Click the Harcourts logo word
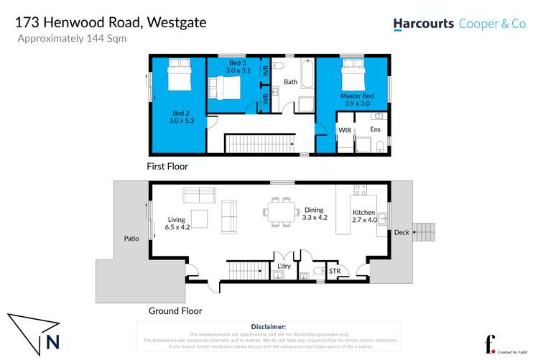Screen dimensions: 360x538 tap(423, 24)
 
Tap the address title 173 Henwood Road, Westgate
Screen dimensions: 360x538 tap(111, 22)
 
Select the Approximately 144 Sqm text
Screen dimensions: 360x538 tap(72, 39)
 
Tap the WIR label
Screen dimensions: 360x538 tap(344, 130)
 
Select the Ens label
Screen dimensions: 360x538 tap(375, 130)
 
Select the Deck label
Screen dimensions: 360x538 tap(401, 232)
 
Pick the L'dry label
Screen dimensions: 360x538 tap(284, 267)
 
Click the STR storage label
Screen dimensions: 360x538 tap(334, 271)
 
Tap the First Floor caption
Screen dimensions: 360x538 tap(167, 167)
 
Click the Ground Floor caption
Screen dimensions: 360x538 tap(175, 311)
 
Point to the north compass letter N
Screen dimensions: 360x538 tap(52, 342)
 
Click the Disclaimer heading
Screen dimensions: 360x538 tap(269, 326)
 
